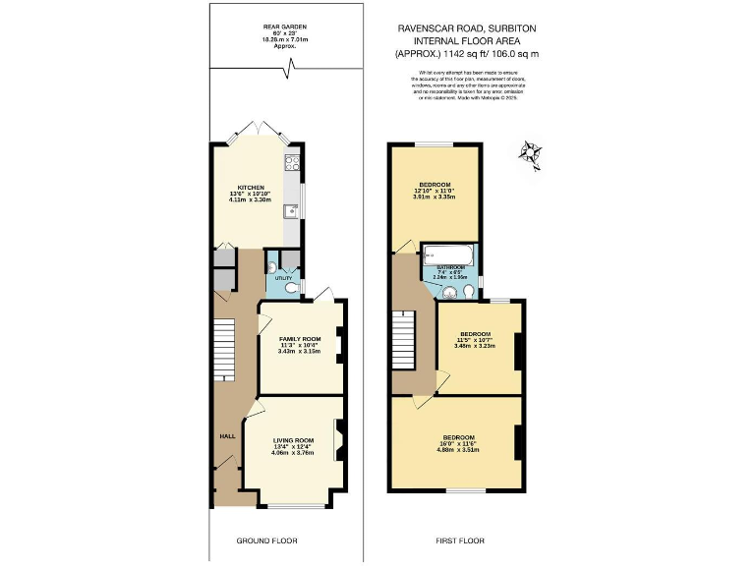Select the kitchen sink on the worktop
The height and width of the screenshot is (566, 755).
(x=291, y=210)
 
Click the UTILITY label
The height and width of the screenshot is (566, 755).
(x=283, y=279)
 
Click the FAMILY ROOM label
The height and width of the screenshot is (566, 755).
(x=300, y=339)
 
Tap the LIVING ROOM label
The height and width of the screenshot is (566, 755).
(x=293, y=439)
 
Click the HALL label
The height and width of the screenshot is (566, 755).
(x=227, y=435)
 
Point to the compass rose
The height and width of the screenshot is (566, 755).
(x=532, y=153)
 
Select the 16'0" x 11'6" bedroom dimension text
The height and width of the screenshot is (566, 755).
(x=458, y=443)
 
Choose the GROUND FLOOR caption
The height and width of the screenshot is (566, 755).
(x=266, y=540)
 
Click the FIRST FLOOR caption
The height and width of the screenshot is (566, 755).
(x=460, y=540)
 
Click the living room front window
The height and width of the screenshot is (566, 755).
(x=299, y=507)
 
